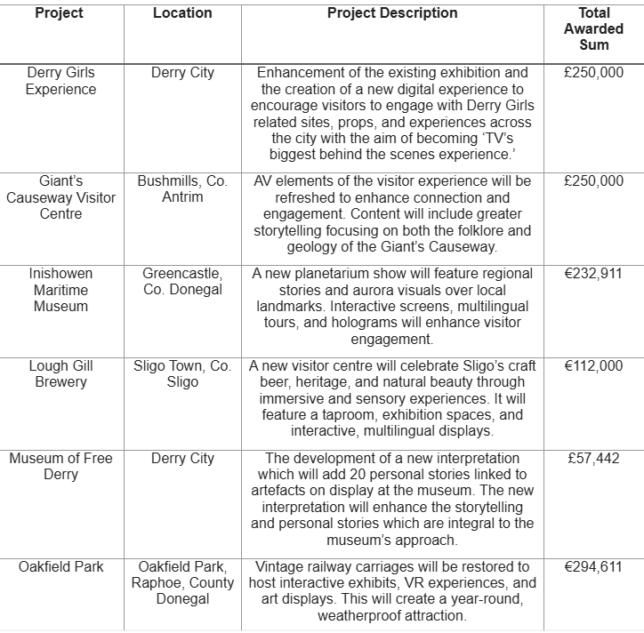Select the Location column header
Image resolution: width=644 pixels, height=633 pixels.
pos(182,13)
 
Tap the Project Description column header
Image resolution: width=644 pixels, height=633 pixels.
pos(392,13)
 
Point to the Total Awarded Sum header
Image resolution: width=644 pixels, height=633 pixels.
pos(594,28)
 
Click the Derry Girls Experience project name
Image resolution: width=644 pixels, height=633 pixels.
pos(60,81)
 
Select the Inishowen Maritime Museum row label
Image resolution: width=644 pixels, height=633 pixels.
pos(60,290)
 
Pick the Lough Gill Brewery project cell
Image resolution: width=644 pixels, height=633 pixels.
pos(60,373)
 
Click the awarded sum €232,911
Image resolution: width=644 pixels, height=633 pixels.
pos(593,274)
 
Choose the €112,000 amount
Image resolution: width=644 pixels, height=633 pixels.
pos(593,365)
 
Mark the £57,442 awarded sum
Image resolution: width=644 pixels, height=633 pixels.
pos(593,458)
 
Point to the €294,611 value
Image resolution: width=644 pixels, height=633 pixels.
pos(593,566)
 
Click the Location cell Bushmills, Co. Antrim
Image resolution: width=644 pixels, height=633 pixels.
pos(182,188)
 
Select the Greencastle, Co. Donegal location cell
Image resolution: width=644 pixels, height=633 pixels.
pos(182,282)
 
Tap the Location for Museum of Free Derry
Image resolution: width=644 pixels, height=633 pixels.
pos(182,458)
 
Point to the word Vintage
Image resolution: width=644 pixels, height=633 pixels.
pos(281,566)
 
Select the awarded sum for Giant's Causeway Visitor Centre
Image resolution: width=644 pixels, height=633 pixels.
pos(593,180)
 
